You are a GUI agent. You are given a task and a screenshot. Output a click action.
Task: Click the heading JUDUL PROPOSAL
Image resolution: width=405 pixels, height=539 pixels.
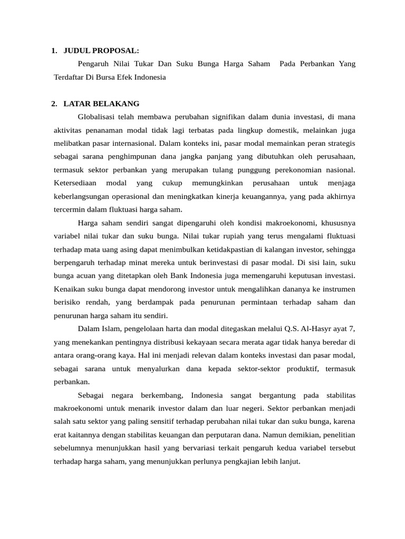tap(101, 51)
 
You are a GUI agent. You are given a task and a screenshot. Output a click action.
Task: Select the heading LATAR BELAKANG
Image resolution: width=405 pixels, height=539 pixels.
tap(101, 104)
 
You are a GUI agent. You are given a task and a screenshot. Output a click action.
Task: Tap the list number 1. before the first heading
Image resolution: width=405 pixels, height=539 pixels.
tap(54, 51)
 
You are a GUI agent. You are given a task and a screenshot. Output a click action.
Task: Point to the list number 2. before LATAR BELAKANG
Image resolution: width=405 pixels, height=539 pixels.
tap(54, 104)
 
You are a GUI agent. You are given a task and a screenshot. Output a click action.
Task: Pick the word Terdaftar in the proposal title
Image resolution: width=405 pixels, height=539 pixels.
tap(70, 77)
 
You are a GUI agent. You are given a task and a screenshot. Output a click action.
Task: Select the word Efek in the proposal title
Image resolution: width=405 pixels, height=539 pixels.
tap(132, 77)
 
